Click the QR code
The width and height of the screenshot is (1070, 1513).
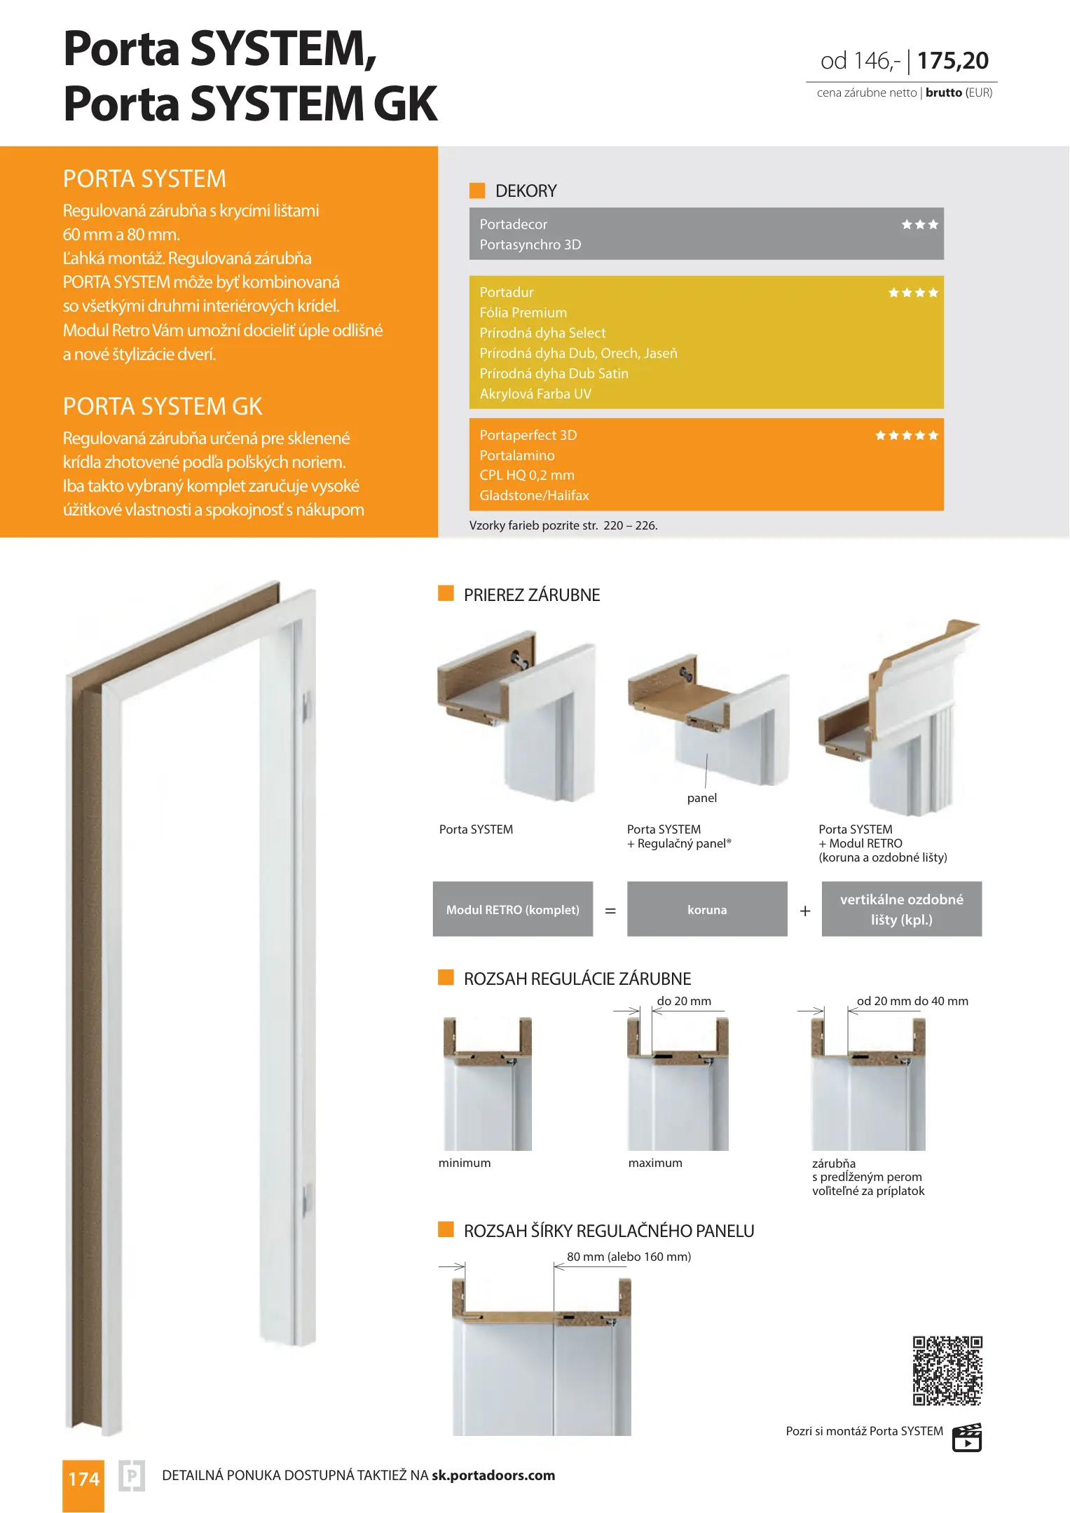tap(947, 1370)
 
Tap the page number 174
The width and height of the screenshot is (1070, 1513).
tap(83, 1479)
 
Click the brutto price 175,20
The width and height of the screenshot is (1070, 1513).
tap(952, 61)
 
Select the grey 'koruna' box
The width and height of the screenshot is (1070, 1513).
tap(707, 909)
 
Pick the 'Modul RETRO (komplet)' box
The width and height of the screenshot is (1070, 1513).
tap(513, 909)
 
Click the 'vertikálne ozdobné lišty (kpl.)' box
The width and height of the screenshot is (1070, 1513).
tap(901, 909)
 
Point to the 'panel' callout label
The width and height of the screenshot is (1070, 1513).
tap(701, 798)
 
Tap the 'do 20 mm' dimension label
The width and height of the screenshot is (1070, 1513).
tap(684, 1001)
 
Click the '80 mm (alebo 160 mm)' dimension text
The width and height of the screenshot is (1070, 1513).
tap(629, 1257)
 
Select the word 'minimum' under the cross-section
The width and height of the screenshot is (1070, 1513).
tap(465, 1163)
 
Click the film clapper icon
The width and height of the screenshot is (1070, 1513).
tap(967, 1437)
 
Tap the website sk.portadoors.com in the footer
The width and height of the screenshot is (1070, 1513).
tap(493, 1475)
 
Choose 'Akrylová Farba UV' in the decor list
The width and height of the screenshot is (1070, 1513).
tap(535, 394)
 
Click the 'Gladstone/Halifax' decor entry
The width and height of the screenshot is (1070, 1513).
tap(534, 495)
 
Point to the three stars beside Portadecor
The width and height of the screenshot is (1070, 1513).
tap(919, 225)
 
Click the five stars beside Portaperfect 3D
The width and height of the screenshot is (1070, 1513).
tap(906, 436)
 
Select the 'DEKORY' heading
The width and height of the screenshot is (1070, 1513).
tap(526, 191)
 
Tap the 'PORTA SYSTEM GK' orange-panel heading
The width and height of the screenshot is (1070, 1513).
tap(163, 406)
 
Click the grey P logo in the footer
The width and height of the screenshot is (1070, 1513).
tap(132, 1476)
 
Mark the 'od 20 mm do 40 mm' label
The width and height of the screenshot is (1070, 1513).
tap(912, 1001)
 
